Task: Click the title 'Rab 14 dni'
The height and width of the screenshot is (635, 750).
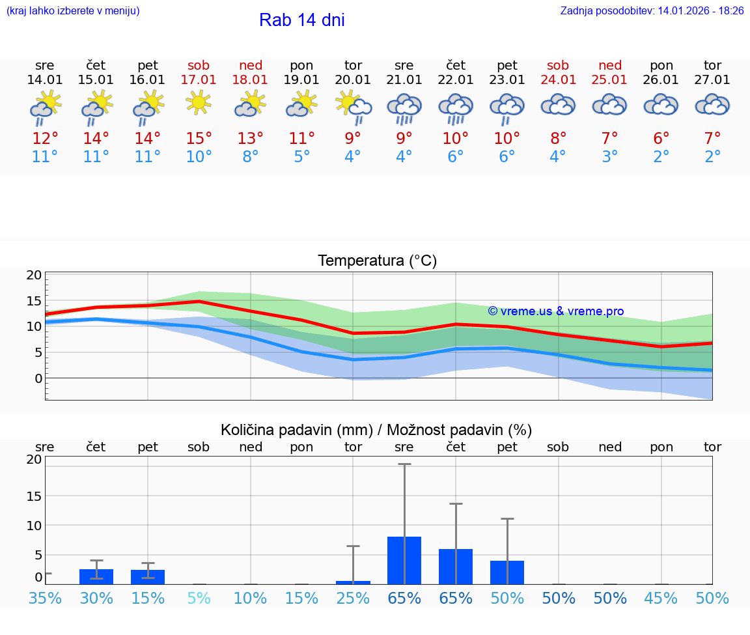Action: click(x=301, y=20)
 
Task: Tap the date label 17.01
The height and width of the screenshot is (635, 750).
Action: click(x=199, y=80)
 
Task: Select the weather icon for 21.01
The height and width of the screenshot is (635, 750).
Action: click(x=404, y=107)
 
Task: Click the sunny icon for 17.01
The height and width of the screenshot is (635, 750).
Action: click(x=199, y=102)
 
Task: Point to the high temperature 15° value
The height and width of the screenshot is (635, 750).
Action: click(x=199, y=139)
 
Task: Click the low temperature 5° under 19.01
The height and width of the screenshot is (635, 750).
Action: click(x=301, y=157)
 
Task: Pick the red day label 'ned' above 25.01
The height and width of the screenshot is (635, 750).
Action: click(x=610, y=65)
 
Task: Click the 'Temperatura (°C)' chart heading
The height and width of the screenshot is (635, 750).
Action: click(x=377, y=261)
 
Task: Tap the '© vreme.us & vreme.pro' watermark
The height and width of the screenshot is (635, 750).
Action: click(x=556, y=311)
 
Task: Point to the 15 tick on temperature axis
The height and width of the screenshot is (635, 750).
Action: click(x=34, y=301)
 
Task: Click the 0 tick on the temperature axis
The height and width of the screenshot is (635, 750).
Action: click(x=38, y=378)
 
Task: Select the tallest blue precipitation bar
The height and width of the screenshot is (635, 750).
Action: click(x=404, y=560)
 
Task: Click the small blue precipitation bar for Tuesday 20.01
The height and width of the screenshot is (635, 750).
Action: click(x=353, y=582)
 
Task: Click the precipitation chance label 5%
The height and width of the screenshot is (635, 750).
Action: click(x=199, y=599)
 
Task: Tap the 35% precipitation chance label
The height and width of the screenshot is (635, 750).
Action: click(x=46, y=599)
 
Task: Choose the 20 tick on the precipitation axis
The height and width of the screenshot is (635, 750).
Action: click(x=34, y=459)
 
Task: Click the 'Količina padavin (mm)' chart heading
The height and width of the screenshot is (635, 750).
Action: click(x=296, y=430)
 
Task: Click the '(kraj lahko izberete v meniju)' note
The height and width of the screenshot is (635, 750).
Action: click(x=73, y=11)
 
